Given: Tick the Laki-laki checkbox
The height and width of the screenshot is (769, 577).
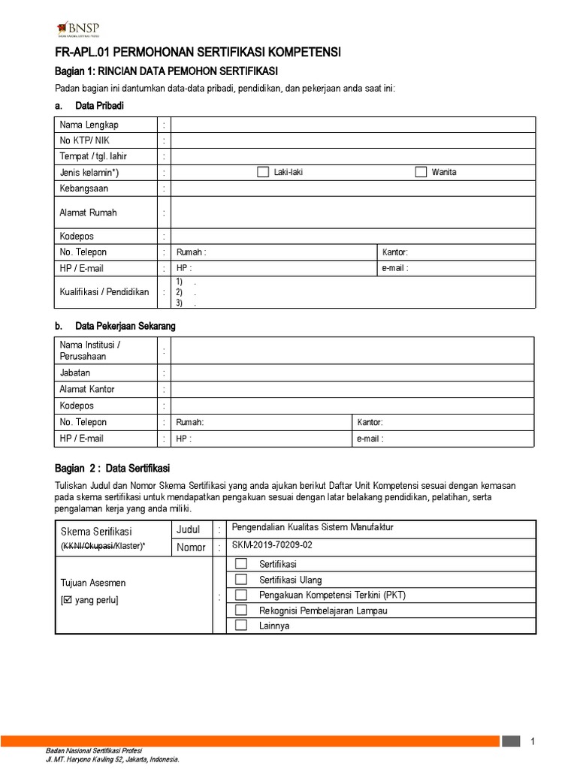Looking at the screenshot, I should click(262, 172).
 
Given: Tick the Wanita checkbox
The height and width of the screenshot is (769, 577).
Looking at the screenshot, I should click(421, 172).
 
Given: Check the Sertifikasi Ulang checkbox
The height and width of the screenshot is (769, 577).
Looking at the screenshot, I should click(240, 579).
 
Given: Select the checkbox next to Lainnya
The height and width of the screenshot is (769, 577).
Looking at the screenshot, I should click(240, 626).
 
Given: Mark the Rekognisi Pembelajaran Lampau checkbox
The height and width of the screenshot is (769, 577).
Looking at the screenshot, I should click(240, 610).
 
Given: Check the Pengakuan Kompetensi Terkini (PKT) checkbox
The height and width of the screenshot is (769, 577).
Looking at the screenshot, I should click(240, 595).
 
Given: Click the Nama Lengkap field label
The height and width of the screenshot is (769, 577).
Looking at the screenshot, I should click(89, 125).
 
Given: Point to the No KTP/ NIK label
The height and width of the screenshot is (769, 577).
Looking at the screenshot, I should click(84, 140).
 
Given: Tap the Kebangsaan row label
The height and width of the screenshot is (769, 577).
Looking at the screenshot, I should click(84, 188).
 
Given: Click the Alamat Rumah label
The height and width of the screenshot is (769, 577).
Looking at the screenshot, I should click(88, 213).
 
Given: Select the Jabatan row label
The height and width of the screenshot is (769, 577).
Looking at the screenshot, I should click(74, 372).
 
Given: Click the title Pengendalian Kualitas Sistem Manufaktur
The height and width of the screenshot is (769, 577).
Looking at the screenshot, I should click(313, 527).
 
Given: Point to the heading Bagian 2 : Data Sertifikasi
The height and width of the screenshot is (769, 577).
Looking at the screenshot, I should click(113, 467).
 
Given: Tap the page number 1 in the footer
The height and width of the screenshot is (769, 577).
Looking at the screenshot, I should click(533, 742).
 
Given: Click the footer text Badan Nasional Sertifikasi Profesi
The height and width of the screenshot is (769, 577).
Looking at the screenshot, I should click(94, 751).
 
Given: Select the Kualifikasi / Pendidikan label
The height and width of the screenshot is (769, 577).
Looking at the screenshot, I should click(104, 292).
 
